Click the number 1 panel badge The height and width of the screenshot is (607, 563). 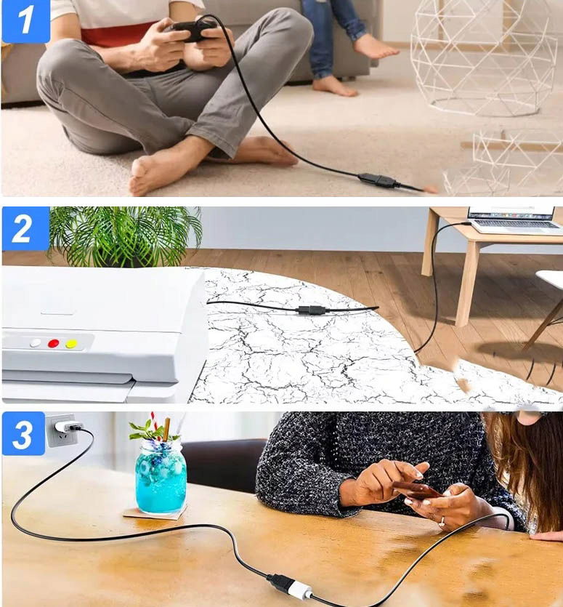(25, 20)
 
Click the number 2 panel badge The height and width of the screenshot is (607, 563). (25, 229)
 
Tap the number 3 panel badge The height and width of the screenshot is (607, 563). (23, 434)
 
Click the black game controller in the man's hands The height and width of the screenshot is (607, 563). (193, 30)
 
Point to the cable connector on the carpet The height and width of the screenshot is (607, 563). (378, 180)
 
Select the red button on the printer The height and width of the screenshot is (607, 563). (54, 343)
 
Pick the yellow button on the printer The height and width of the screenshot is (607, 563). (71, 343)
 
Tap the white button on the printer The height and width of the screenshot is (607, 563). (35, 343)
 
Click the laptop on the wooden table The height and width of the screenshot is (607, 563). (514, 220)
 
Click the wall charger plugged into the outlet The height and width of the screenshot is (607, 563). (69, 427)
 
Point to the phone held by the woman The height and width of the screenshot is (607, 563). (417, 490)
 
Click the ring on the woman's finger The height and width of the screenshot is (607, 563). (442, 523)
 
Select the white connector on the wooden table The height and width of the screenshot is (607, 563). (299, 590)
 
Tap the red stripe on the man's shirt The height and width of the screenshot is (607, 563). (116, 35)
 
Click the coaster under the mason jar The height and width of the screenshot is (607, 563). (155, 513)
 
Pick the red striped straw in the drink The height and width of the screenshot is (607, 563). (155, 425)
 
